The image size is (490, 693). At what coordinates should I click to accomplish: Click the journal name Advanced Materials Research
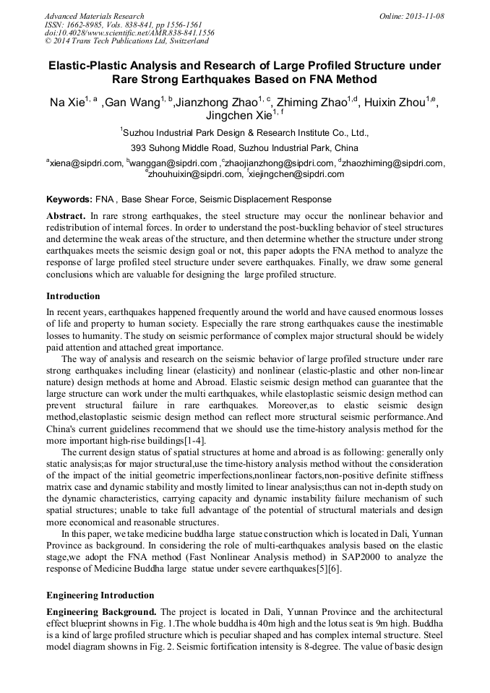(94, 16)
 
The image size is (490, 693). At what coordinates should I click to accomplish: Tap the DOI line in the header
(129, 33)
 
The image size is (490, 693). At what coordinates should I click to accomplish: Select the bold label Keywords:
(69, 199)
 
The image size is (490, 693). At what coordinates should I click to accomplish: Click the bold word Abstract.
(66, 216)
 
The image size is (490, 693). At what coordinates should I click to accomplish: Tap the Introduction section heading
(73, 296)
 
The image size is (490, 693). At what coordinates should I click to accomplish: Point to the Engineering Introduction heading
(100, 595)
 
